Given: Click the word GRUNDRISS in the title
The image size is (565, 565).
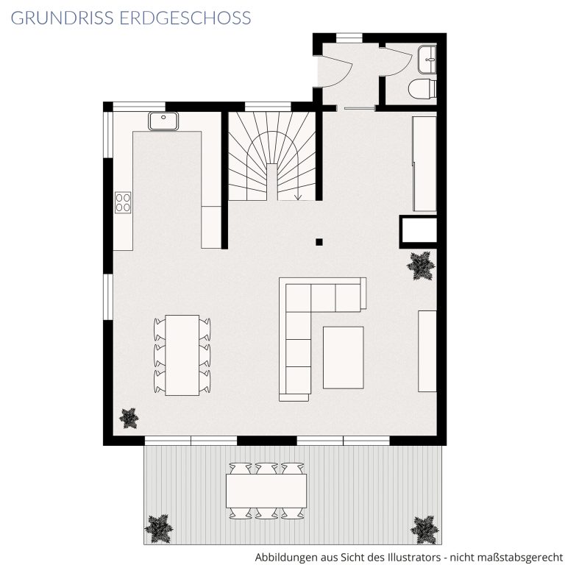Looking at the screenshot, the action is pos(63,18).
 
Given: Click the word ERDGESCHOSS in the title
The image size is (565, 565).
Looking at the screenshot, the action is pos(185,18).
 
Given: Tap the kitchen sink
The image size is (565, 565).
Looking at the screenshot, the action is pos(163,121).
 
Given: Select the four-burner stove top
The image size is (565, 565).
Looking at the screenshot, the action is pos(123,202).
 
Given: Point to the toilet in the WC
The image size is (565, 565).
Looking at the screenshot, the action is pos(422,88).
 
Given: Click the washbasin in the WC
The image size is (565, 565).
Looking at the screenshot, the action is pos(427,60).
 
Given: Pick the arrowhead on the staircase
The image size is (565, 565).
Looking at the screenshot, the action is pos(298,196).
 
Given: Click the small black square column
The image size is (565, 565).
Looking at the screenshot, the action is pos(319,242).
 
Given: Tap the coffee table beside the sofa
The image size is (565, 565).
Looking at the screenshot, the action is pos(343,358).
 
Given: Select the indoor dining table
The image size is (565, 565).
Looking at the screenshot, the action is pos(182,355).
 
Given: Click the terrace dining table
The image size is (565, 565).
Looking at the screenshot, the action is pos(266,491).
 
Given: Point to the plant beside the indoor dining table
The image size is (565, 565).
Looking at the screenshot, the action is pos(129,418).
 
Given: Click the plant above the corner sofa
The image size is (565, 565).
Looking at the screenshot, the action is pos(420,266).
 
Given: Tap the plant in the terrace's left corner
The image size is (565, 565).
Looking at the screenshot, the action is pos(159,528).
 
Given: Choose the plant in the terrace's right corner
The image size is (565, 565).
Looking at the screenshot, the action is pos(424,530).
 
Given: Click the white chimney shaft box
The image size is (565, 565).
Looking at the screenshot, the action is pos(419,230).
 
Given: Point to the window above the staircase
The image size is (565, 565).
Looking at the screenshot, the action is pos(268,107).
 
